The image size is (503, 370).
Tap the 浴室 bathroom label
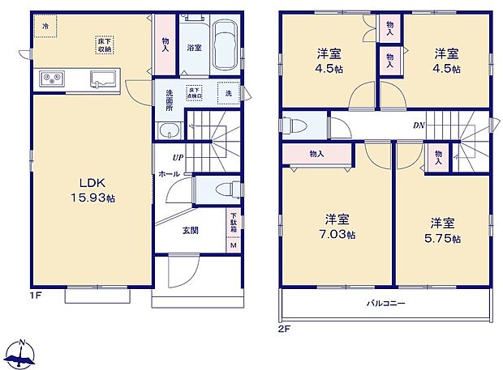pyautogui.click(x=195, y=48)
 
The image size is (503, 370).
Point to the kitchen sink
pyautogui.click(x=103, y=79)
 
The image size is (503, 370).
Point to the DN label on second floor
pyautogui.click(x=419, y=125)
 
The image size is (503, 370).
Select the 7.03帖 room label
pyautogui.click(x=337, y=227)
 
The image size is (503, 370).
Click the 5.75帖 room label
pyautogui.click(x=442, y=231)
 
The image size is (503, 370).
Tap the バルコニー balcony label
pyautogui.click(x=387, y=304)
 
